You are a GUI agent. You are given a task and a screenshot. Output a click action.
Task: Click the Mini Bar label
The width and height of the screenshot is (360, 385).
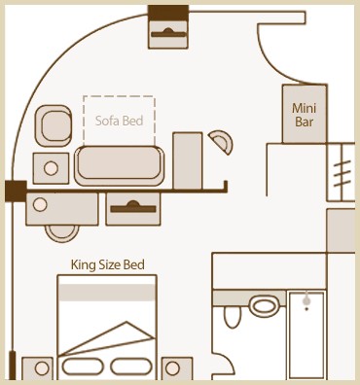click(304, 115)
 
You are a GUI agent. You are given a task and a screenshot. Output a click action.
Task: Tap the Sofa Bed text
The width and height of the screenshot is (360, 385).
click(119, 121)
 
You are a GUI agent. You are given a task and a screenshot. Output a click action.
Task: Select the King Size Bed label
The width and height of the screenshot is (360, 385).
click(108, 264)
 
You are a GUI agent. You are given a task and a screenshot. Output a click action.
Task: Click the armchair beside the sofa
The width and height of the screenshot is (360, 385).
click(54, 125)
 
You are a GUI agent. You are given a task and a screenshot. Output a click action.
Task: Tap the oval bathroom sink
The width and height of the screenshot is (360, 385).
click(265, 306)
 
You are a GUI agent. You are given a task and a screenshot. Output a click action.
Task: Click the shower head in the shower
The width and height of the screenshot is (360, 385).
click(306, 301)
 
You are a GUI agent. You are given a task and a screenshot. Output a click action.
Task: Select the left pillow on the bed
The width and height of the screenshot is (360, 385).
click(83, 367)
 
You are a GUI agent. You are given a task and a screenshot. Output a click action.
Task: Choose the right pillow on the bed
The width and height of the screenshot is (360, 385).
click(131, 367)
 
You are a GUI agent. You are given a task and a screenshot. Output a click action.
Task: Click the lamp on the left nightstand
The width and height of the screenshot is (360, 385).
click(42, 368)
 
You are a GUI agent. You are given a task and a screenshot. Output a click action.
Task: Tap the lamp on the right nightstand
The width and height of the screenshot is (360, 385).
click(172, 368)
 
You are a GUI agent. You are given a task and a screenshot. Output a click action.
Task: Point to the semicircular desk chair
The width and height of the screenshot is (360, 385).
click(61, 233)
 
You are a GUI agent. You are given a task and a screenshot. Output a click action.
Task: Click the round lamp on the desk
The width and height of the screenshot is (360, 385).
click(40, 205)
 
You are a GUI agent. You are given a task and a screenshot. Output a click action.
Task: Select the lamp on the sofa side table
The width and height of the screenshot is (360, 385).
click(51, 168)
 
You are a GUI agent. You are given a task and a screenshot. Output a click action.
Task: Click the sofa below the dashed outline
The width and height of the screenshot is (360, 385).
click(120, 165)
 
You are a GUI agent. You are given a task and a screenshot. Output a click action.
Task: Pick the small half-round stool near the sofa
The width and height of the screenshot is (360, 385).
click(222, 142)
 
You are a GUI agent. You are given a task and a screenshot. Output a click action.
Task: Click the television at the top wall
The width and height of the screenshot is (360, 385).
click(168, 34)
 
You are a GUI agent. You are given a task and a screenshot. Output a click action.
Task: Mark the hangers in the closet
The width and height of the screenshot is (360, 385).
click(342, 173)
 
